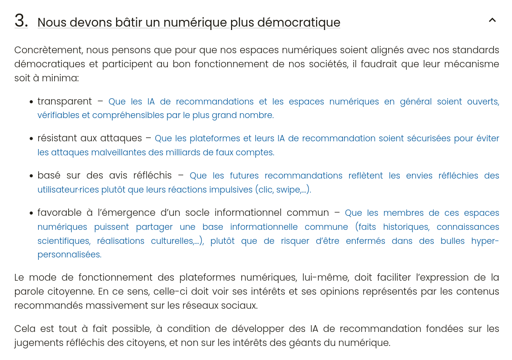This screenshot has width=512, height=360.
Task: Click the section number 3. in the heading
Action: [21, 21]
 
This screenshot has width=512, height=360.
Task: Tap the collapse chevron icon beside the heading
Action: [492, 20]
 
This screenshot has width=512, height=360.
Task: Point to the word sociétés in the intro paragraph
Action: [325, 64]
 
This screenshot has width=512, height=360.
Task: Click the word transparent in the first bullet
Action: [64, 102]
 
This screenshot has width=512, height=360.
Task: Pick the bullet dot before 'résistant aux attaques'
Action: [31, 139]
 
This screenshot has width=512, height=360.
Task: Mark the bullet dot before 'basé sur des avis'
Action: [31, 176]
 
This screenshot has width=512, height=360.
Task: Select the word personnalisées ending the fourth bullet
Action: [69, 255]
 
